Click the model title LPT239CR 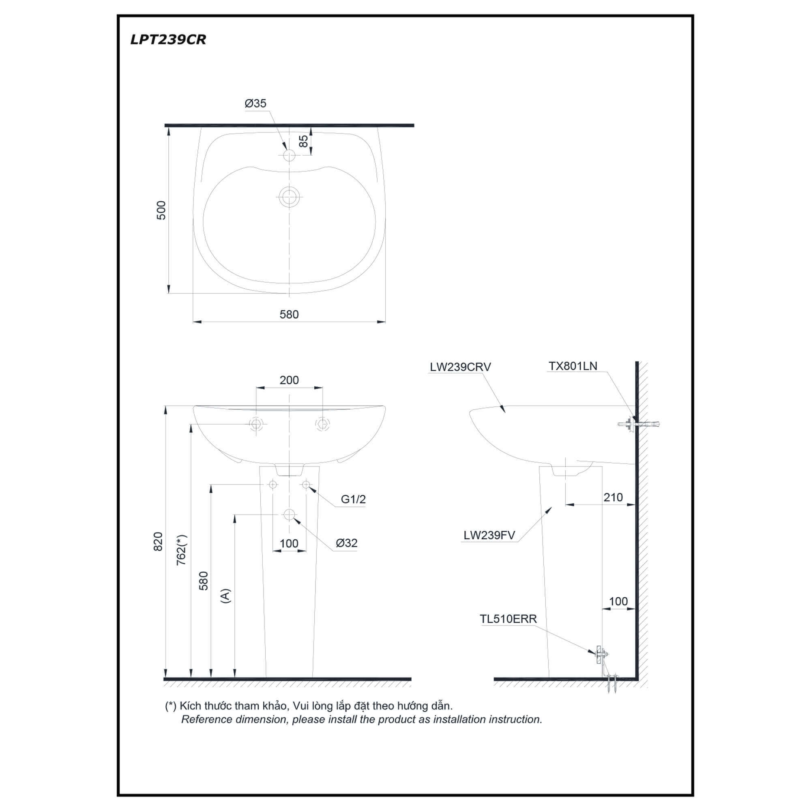[168, 40]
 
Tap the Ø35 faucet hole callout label [255, 103]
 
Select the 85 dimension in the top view [303, 141]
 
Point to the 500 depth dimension [162, 210]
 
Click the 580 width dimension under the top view [289, 314]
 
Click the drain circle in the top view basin [289, 197]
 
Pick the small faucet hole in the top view [289, 155]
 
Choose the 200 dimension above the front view [289, 380]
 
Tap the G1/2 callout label [353, 500]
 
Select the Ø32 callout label [347, 543]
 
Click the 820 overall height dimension [158, 541]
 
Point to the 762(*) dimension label [182, 550]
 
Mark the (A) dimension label [226, 596]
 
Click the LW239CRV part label [460, 367]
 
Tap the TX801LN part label [573, 366]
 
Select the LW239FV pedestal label [489, 536]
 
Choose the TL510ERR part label [508, 619]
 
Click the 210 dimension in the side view [613, 498]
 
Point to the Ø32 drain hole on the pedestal [289, 514]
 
